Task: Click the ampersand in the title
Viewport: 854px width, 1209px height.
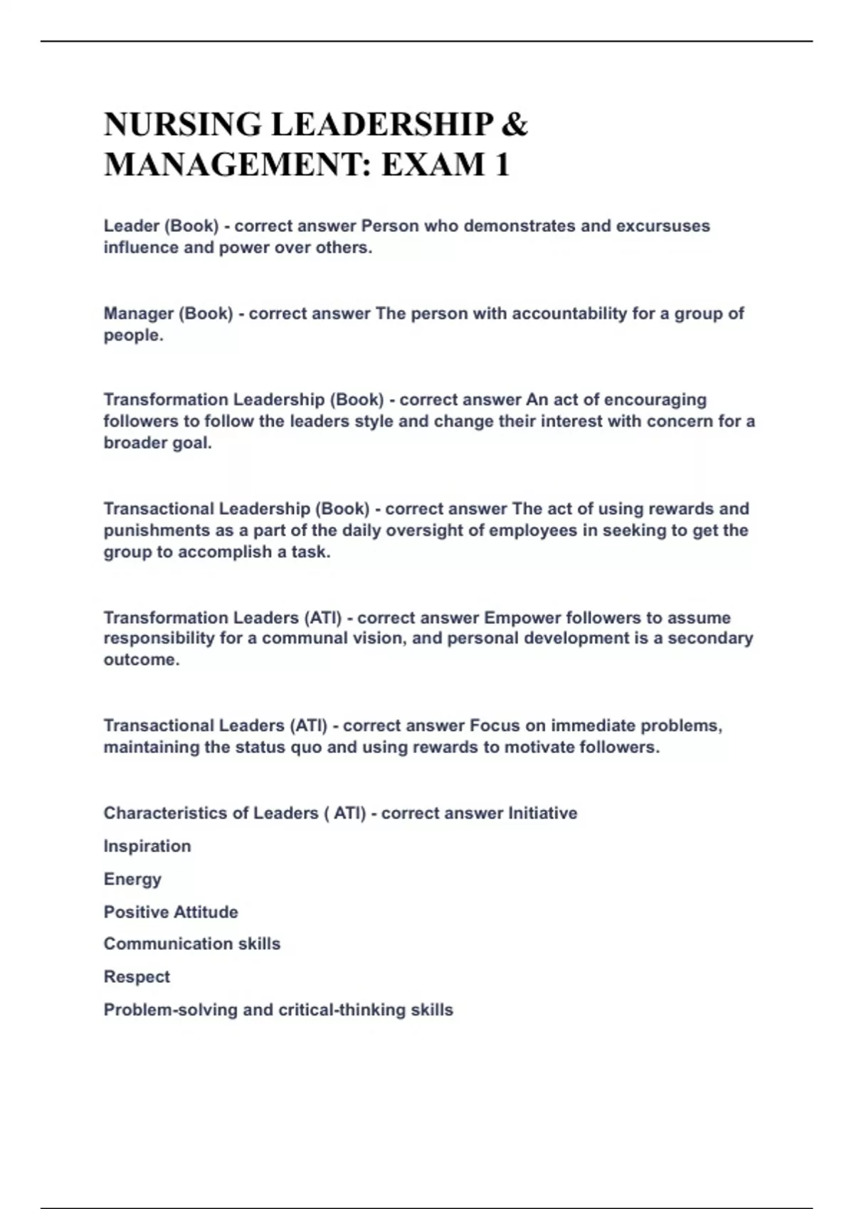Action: [515, 124]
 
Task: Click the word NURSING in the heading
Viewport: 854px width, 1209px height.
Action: [182, 124]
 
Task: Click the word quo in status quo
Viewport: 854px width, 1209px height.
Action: [306, 747]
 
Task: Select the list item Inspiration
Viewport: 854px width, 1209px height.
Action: [147, 846]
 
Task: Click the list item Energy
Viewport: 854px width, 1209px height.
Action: [132, 879]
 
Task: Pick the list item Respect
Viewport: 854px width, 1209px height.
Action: [137, 977]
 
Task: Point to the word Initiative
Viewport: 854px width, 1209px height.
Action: [542, 813]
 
